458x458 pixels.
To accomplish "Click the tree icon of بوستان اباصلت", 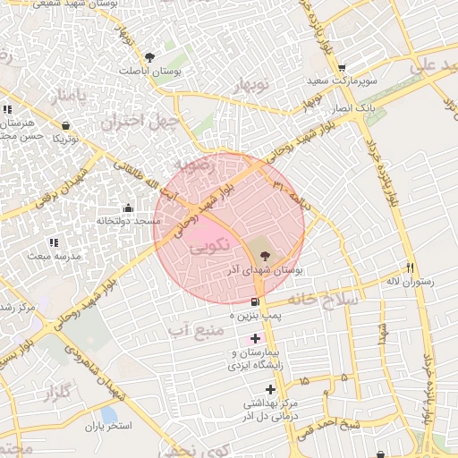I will point(161,56).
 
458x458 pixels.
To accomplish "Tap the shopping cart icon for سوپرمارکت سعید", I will point(342,68).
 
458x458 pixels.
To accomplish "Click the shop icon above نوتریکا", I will point(65,126).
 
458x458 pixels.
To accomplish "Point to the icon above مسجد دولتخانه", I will point(127,208).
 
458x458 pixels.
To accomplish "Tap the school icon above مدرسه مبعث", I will point(54,242).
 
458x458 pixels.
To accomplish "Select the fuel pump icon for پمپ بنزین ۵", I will point(257,301).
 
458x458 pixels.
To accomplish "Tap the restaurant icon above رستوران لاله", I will point(411,267).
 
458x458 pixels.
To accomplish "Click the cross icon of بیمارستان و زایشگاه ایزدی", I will point(257,338).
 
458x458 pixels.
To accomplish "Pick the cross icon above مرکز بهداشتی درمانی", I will point(271,388).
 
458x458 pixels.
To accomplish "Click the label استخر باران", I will point(108,427).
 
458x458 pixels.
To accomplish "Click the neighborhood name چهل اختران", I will point(140,120).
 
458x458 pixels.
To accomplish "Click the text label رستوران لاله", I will point(410,281).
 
